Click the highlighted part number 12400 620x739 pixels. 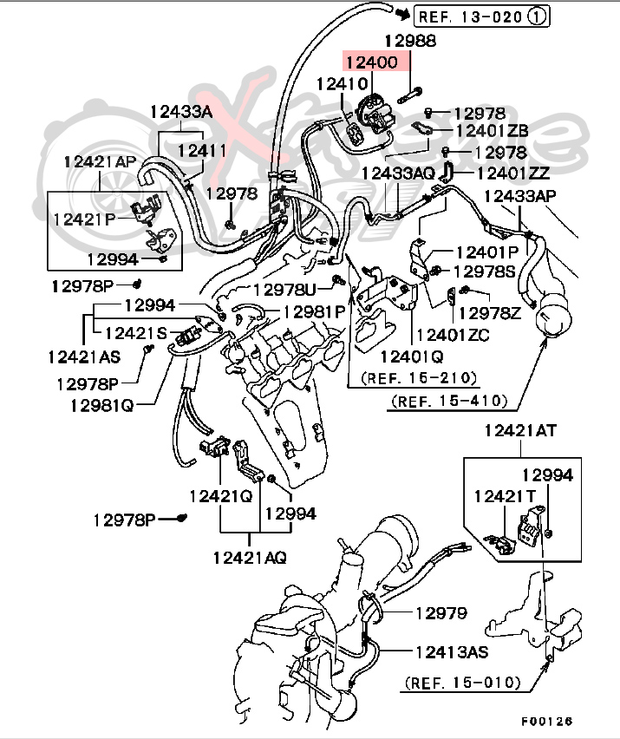373,63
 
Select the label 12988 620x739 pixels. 410,40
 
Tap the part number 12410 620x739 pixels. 343,85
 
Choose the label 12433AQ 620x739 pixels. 398,173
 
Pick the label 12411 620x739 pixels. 202,150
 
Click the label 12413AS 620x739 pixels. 452,651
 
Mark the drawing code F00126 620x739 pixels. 547,721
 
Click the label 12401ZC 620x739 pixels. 453,334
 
